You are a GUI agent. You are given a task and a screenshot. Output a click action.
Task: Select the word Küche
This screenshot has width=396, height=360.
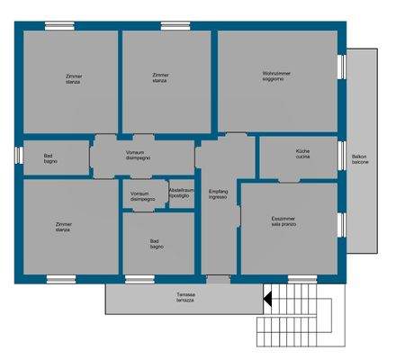[x=302, y=150]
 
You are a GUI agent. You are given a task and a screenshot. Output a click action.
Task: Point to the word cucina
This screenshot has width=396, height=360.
[x=302, y=157]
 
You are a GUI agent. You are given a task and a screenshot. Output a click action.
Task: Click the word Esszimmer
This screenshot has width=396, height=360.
[x=283, y=218]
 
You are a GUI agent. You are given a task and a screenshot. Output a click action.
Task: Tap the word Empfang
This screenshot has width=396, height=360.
[x=218, y=191]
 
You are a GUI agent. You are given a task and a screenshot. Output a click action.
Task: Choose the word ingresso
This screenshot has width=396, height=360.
[x=218, y=197]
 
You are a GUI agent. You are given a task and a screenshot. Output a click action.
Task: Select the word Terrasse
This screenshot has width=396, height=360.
[x=186, y=294]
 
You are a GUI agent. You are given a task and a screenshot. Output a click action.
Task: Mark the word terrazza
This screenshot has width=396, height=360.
[x=186, y=301]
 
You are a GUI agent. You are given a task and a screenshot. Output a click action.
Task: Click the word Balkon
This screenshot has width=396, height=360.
[x=359, y=157]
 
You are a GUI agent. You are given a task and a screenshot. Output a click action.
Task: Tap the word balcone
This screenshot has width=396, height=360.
[x=359, y=163]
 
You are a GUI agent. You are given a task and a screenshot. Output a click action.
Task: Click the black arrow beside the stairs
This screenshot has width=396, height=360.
[x=266, y=296]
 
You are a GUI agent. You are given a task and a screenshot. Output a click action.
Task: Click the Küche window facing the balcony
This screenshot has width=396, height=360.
[x=342, y=155]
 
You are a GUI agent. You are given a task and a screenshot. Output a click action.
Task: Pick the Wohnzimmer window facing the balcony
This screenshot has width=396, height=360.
[x=342, y=67]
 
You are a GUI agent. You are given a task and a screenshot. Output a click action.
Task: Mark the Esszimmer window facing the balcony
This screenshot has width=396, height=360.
[x=342, y=224]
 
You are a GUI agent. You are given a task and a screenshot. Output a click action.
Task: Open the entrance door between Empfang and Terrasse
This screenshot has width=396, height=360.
[x=219, y=279]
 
